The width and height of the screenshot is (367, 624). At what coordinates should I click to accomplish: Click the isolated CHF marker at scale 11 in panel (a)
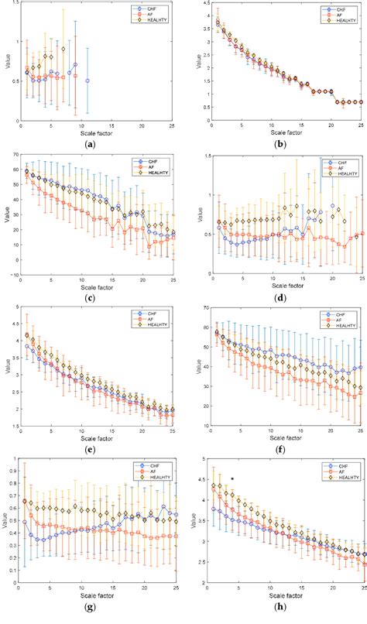87,81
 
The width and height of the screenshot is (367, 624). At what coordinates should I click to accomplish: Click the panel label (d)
280,297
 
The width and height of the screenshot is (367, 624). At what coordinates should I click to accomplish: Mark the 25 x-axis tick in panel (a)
173,127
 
